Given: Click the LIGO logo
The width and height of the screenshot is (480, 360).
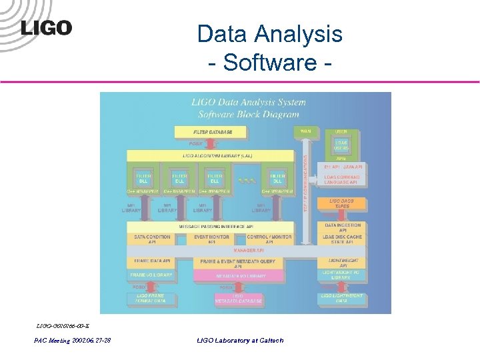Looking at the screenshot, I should (x=46, y=27).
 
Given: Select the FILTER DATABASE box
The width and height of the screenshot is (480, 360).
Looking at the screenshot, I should (x=213, y=132).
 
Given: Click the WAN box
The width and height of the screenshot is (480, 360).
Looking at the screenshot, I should (x=305, y=131).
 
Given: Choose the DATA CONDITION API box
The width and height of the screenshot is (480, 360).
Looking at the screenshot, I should (x=153, y=239).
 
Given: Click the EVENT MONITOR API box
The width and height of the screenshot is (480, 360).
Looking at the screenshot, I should (x=212, y=239).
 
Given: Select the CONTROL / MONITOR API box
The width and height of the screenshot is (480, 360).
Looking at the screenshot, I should (x=269, y=239).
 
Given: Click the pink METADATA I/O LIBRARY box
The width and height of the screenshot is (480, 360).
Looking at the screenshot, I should (x=238, y=275).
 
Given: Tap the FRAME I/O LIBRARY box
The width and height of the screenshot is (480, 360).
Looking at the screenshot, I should (x=153, y=275).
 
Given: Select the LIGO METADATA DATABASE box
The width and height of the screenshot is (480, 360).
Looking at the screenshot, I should (x=238, y=298).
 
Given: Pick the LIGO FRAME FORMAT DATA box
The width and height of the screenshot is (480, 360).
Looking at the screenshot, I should (x=153, y=298).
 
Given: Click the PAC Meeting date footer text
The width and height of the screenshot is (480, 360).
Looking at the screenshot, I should (x=73, y=341).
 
